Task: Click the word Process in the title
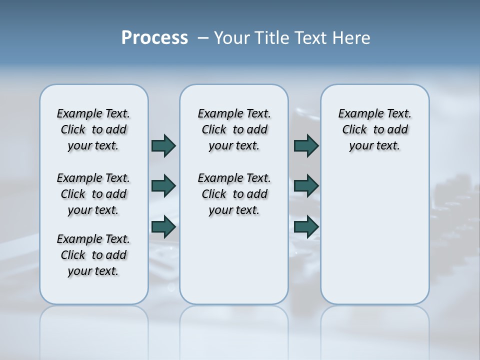[x=154, y=38]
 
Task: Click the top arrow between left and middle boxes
[x=163, y=145]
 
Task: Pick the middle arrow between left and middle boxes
[x=163, y=186]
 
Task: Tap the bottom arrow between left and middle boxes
[x=163, y=226]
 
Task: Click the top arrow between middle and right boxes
[x=306, y=145]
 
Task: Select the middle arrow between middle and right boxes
[x=306, y=186]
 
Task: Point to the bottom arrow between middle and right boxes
[x=306, y=226]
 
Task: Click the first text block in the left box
[x=93, y=129]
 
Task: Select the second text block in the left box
[x=93, y=194]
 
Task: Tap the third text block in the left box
[x=93, y=255]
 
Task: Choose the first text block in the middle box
[x=234, y=129]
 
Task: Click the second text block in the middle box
[x=234, y=194]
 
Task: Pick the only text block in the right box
[x=375, y=129]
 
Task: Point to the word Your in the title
[x=232, y=38]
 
